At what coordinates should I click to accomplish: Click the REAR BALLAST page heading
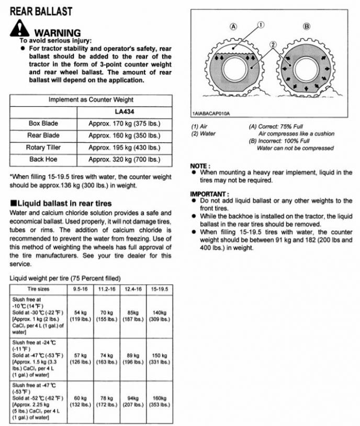(x=41, y=11)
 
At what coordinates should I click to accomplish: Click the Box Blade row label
(x=43, y=123)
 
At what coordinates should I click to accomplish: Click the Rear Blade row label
(x=43, y=135)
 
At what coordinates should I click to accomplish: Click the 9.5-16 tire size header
(x=80, y=289)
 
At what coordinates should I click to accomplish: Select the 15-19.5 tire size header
(x=159, y=289)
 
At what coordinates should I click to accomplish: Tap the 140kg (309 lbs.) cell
(x=159, y=315)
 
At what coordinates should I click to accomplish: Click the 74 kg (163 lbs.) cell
(x=106, y=358)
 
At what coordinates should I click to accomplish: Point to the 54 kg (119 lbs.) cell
(x=80, y=315)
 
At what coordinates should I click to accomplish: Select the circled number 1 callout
(x=261, y=24)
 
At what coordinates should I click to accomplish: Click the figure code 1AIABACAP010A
(x=211, y=113)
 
